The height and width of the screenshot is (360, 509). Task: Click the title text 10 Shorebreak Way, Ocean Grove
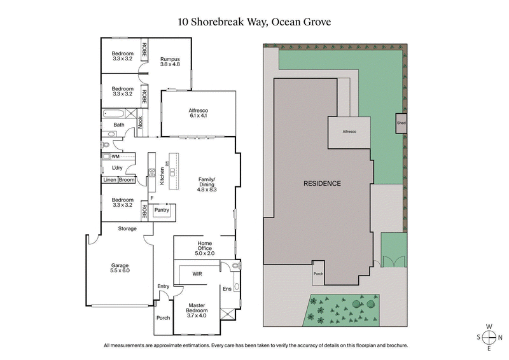click(x=254, y=22)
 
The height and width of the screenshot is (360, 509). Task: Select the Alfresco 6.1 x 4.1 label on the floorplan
click(x=199, y=113)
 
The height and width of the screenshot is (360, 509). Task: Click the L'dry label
click(x=117, y=168)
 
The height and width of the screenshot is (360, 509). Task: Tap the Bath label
click(x=119, y=125)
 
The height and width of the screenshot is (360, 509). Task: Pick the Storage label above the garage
click(x=127, y=228)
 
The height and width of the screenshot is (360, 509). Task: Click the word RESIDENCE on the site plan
click(x=321, y=184)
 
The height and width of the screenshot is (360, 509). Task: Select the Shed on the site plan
click(x=401, y=123)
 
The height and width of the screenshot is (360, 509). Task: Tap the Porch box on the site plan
click(x=318, y=273)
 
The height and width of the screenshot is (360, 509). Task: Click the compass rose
click(x=489, y=338)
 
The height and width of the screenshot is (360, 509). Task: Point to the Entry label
click(x=164, y=286)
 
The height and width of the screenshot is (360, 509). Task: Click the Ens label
click(x=227, y=289)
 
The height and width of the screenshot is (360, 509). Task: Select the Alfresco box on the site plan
click(x=349, y=130)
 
